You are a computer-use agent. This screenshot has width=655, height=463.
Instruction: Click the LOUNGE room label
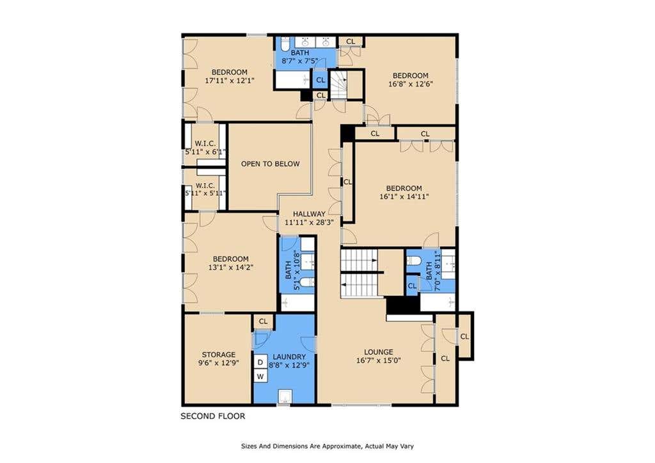coord(379,352)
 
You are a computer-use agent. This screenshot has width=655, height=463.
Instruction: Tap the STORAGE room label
coord(219,355)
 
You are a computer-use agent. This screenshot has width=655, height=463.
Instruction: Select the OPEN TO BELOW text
coord(271,164)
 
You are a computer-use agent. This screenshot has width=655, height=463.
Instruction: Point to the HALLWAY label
coord(309,214)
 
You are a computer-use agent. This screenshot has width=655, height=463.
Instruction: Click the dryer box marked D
coord(260,362)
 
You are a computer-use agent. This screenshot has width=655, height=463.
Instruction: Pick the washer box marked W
coord(260,377)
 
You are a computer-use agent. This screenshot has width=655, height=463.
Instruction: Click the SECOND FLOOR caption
coord(212,416)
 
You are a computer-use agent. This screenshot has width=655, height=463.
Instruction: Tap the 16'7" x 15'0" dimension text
coord(379,361)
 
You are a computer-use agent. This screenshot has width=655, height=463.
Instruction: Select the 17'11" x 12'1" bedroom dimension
coord(230,80)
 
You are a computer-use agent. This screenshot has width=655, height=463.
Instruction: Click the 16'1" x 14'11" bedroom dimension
coord(404,197)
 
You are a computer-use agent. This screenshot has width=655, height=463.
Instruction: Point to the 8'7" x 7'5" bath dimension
coord(300,61)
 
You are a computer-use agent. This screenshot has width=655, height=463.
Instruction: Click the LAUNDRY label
coord(289,357)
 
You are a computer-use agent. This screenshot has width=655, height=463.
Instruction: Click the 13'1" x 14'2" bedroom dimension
coord(230,267)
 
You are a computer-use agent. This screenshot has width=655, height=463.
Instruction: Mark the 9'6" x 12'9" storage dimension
coord(219,363)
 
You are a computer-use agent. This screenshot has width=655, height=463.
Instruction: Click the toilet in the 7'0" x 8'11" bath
coord(414,261)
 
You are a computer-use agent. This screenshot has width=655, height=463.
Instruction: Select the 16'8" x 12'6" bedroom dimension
coord(410,84)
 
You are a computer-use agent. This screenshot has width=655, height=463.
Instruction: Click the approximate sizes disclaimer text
coord(327,446)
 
